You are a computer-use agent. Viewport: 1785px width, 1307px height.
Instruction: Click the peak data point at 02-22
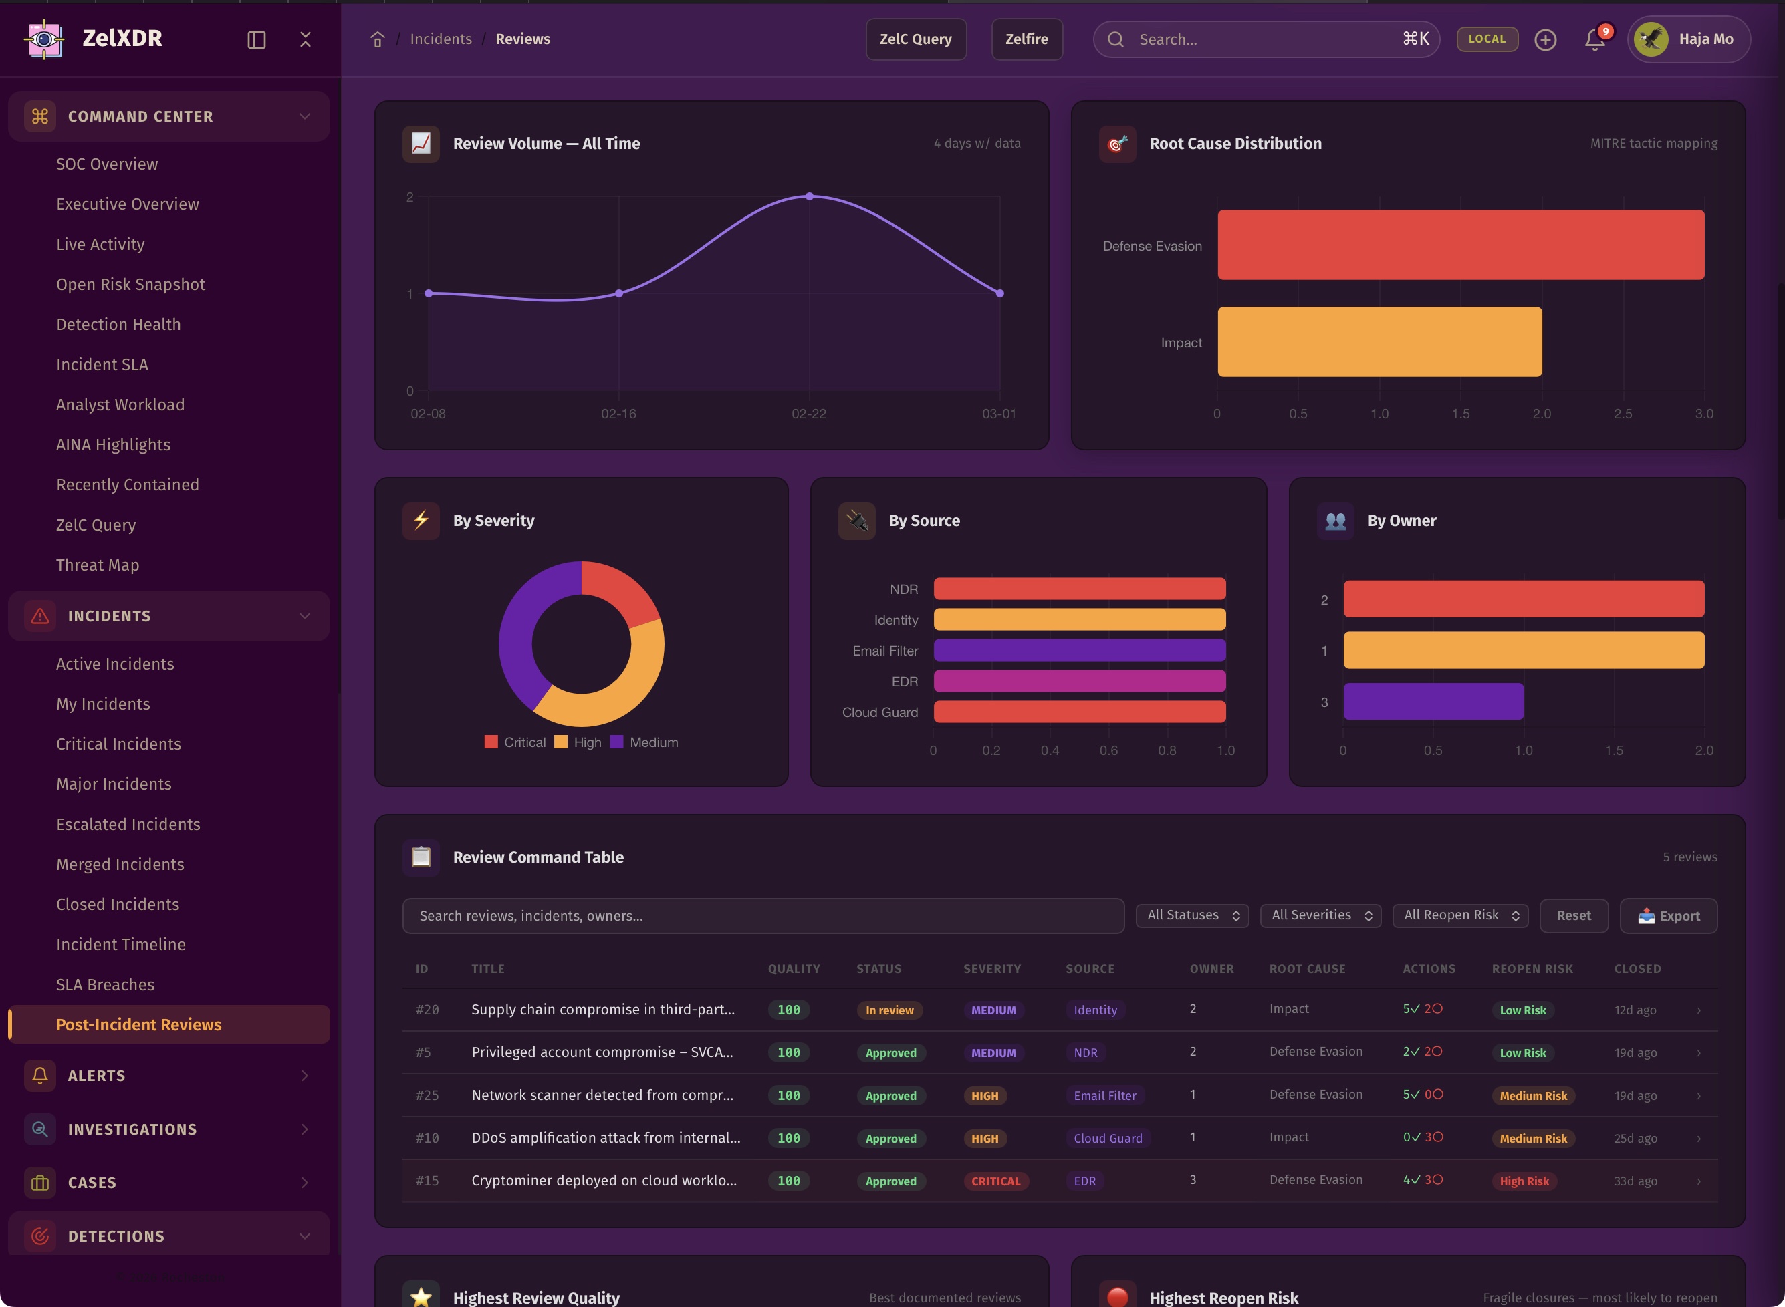(809, 196)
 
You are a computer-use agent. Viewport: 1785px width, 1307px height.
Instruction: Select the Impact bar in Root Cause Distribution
(1379, 341)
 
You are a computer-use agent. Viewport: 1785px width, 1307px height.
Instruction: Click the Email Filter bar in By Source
(1079, 650)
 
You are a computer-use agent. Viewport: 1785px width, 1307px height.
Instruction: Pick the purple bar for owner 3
(1433, 702)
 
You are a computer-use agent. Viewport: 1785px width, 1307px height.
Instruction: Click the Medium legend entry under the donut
(644, 742)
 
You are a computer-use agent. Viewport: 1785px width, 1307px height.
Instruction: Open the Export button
(1668, 915)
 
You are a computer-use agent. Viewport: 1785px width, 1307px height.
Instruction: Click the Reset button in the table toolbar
(1573, 915)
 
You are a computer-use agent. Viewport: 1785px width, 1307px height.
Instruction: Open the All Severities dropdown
(1320, 915)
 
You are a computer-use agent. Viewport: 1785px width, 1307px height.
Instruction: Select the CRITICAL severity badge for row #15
(995, 1181)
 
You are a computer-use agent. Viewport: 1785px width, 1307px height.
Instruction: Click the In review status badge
(889, 1010)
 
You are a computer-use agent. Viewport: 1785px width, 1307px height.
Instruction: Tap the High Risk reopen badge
(1524, 1181)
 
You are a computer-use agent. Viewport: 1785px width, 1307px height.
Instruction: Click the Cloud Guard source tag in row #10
(1107, 1139)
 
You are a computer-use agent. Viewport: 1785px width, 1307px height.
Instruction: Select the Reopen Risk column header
(1532, 968)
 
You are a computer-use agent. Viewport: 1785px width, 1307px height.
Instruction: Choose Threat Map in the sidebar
(98, 565)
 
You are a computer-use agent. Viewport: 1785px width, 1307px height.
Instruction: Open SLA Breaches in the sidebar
(105, 984)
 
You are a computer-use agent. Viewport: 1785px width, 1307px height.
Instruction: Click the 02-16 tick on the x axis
(618, 414)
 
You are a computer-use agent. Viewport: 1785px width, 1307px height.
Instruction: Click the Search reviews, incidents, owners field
(762, 915)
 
